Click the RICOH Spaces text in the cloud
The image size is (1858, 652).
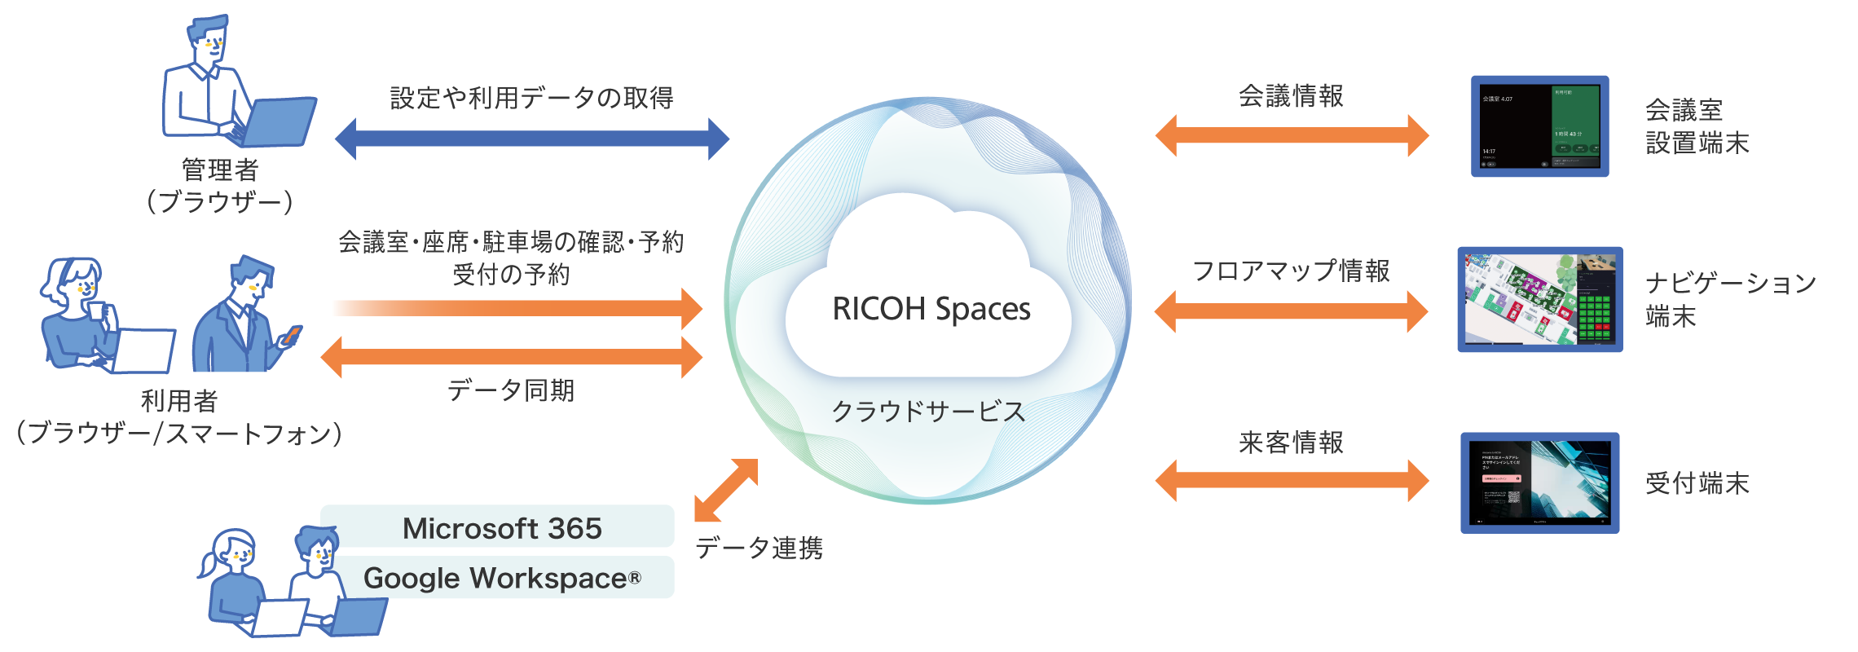[931, 310]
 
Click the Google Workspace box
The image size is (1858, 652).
[502, 578]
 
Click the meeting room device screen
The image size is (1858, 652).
[1539, 126]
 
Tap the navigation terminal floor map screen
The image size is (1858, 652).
[1539, 299]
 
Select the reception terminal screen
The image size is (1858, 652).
[1539, 483]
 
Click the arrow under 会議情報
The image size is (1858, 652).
[1292, 135]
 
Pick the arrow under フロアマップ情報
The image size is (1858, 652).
[1292, 311]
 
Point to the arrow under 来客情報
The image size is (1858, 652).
[1292, 480]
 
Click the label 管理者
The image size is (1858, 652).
[220, 170]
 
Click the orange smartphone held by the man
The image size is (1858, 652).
[292, 333]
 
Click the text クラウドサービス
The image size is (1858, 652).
[928, 412]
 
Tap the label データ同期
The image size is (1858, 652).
[510, 390]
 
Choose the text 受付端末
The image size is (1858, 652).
[1697, 483]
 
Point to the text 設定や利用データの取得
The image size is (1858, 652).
[531, 98]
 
